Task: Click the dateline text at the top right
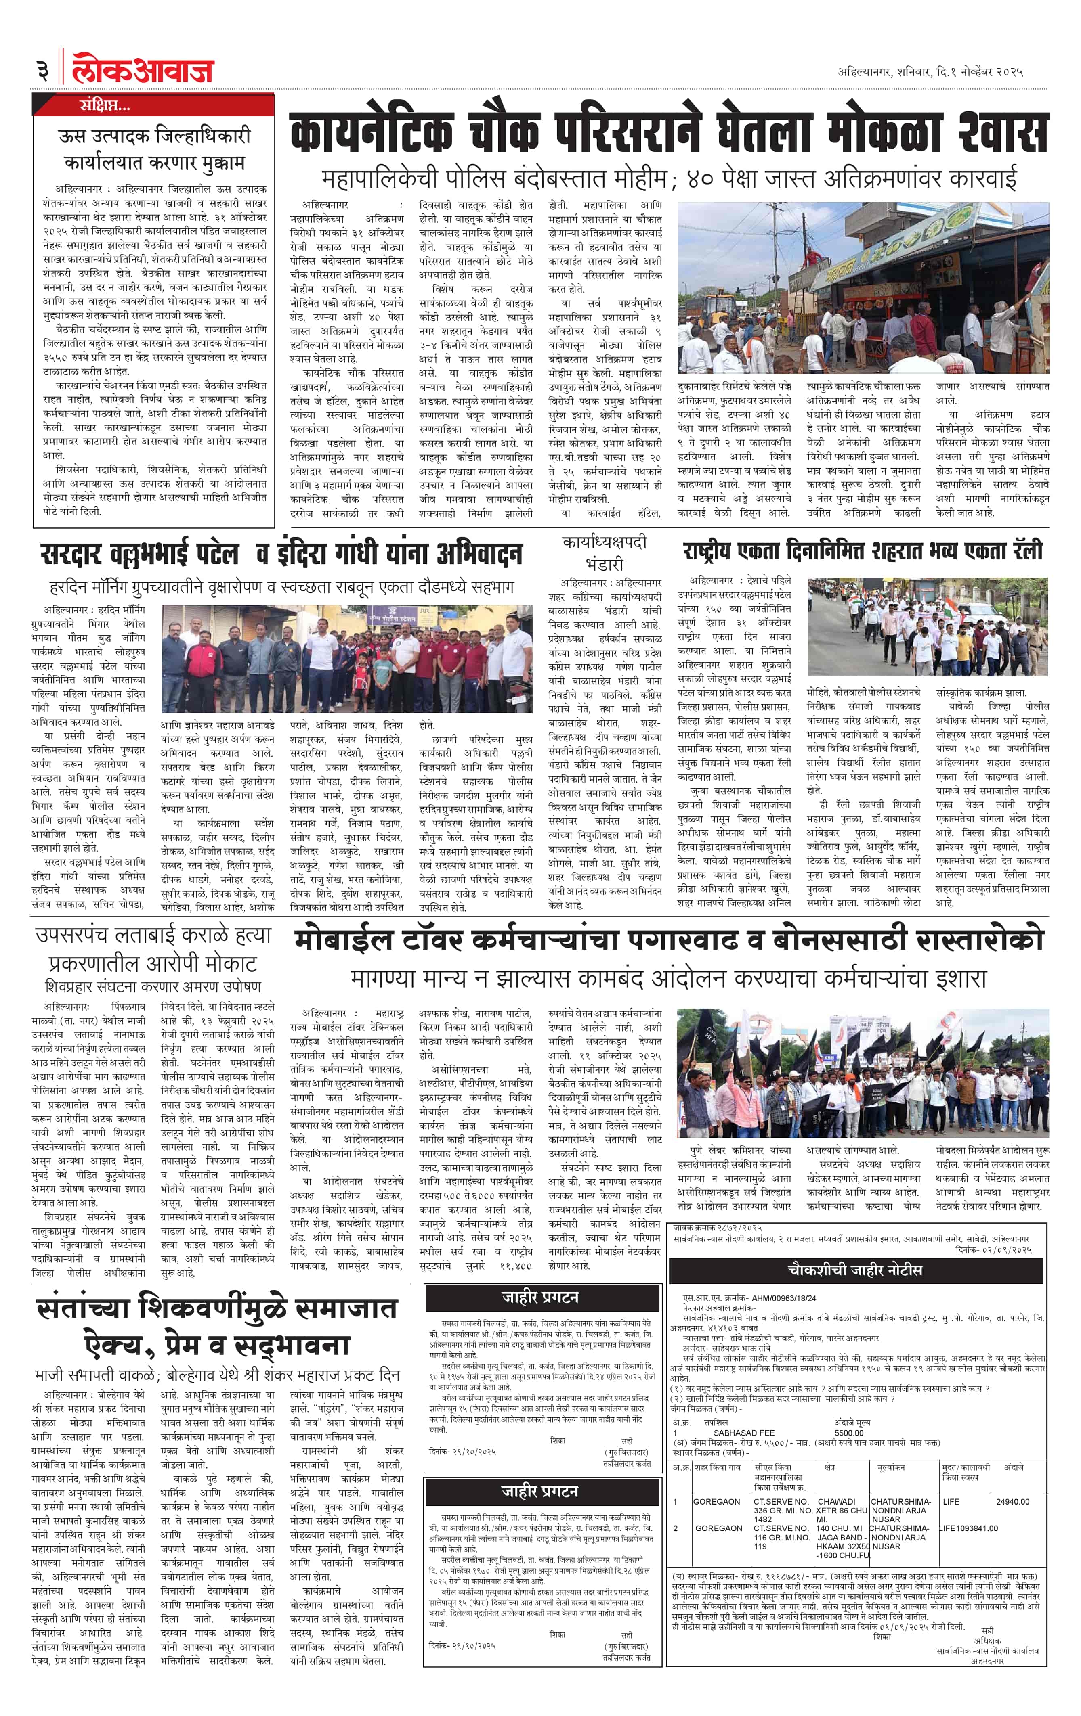coord(930,72)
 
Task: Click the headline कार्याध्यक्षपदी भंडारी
coord(604,552)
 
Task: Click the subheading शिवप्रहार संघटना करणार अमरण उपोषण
coord(153,986)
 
